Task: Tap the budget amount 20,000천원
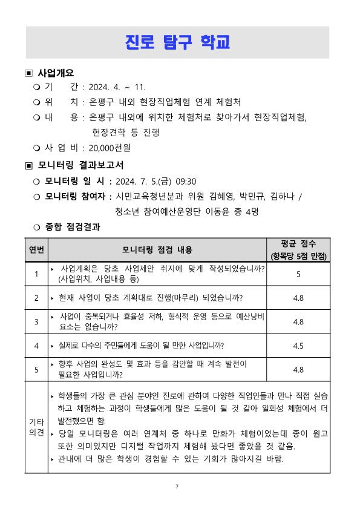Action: tap(110, 147)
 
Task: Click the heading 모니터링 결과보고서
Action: tap(80, 165)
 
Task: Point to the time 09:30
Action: tap(186, 181)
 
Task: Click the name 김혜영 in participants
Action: tap(218, 196)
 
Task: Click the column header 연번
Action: tap(36, 249)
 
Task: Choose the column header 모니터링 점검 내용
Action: tap(157, 249)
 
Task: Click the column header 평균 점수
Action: tap(298, 244)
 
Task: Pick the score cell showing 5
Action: tap(298, 274)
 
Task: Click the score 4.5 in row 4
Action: tap(298, 346)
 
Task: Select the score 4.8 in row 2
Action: tap(298, 298)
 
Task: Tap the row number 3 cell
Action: tap(36, 321)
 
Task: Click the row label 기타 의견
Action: tap(36, 427)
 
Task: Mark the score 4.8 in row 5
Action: tap(298, 369)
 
